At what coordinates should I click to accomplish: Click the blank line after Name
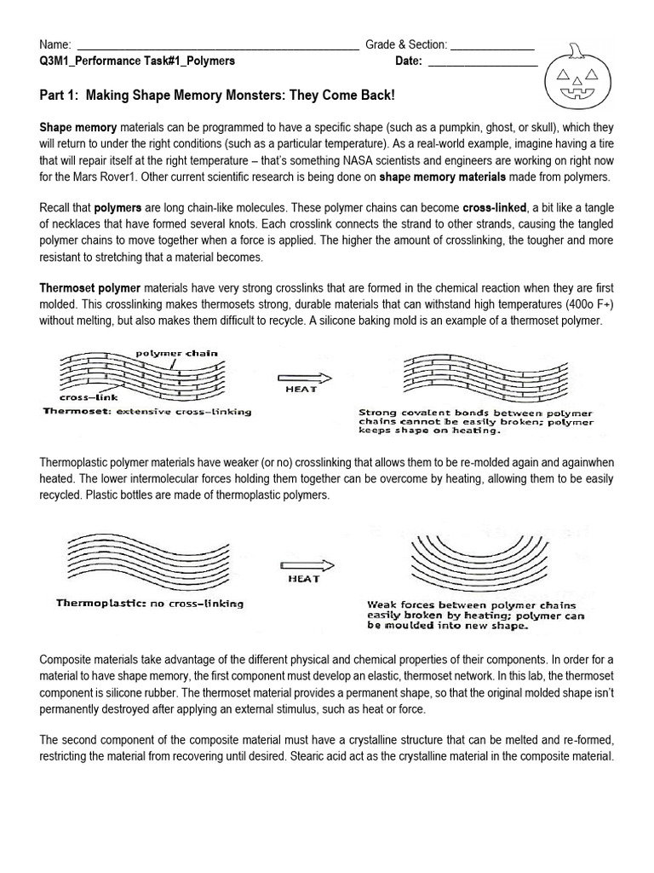click(218, 45)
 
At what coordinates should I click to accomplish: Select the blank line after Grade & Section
click(492, 45)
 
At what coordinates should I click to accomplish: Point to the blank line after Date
click(482, 61)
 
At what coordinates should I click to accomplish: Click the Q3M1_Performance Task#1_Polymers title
click(137, 61)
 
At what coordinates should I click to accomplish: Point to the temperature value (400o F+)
click(575, 305)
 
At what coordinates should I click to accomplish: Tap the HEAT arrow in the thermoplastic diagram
click(303, 566)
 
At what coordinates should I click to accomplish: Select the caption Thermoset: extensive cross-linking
click(147, 412)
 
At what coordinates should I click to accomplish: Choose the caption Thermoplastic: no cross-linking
click(150, 604)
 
